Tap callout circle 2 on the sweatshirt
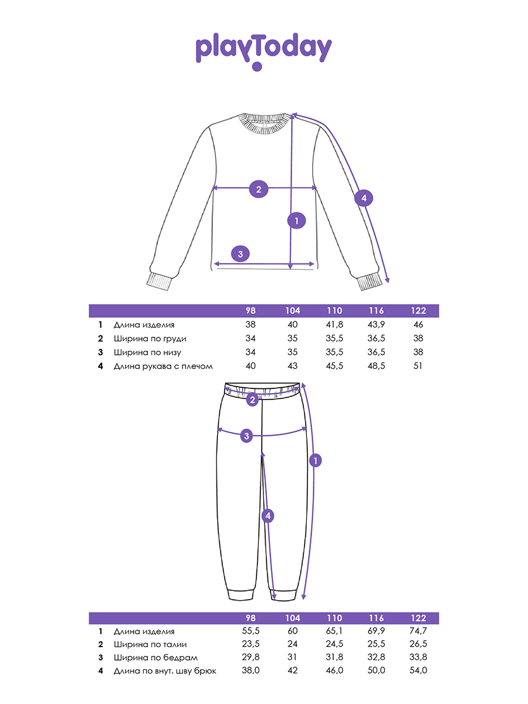click(x=258, y=189)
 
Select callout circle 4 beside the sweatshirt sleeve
click(x=364, y=198)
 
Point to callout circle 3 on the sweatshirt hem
click(x=240, y=254)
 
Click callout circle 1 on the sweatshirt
click(x=296, y=221)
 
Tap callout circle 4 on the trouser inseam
click(x=267, y=516)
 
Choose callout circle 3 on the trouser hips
click(x=247, y=435)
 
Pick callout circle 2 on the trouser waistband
click(x=252, y=400)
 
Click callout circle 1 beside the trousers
click(x=315, y=461)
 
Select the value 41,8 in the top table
click(x=334, y=324)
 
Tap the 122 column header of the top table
click(x=418, y=311)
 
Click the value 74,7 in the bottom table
click(x=418, y=631)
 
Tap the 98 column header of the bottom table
click(x=251, y=618)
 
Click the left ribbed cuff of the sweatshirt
click(x=159, y=282)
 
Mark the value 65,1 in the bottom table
click(x=334, y=631)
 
